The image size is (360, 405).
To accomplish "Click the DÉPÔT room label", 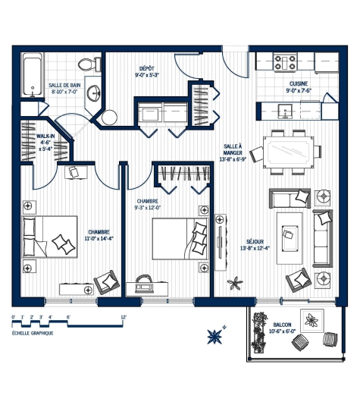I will click(146, 67).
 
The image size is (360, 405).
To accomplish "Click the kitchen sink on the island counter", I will click(286, 111).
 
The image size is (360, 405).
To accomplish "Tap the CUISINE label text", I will click(299, 84).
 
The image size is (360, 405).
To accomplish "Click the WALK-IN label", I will click(45, 137).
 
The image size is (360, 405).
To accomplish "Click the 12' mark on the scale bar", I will click(124, 317).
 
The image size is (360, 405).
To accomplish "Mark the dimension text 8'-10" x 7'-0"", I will click(64, 92).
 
